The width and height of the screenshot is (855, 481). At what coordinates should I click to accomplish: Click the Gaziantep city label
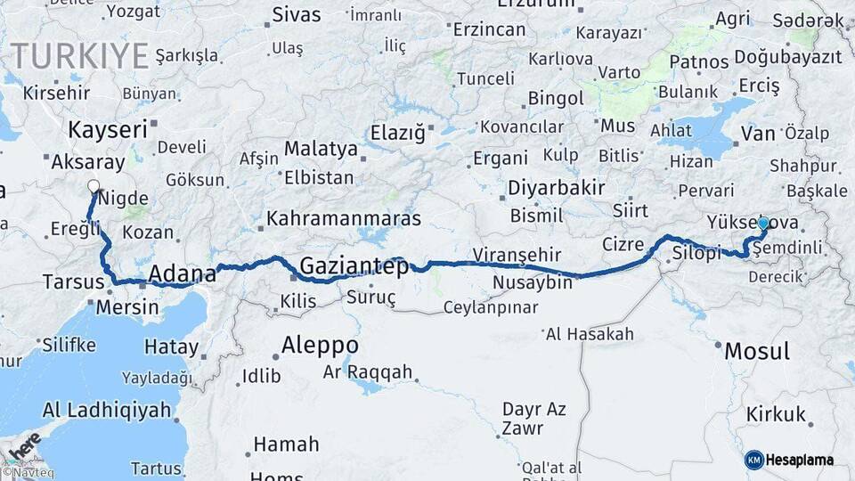[354, 266]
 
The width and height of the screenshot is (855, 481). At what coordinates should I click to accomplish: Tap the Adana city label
[183, 273]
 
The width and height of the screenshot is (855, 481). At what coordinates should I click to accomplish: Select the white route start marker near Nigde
[94, 187]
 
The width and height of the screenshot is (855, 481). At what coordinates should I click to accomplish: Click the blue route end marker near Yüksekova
[762, 223]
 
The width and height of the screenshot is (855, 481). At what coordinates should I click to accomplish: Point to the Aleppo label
[320, 345]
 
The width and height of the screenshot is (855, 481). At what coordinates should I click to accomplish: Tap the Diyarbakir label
[556, 188]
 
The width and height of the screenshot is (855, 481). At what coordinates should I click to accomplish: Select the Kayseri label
[108, 130]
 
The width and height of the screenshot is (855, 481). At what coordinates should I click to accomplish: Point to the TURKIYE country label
[80, 55]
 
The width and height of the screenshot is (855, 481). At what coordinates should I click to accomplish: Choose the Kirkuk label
[776, 414]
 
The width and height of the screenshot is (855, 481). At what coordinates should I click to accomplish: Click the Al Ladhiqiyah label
[106, 411]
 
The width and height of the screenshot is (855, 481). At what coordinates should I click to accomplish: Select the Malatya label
[321, 148]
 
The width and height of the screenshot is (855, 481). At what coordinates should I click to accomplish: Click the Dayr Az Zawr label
[534, 419]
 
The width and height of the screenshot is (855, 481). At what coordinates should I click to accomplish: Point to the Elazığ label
[398, 134]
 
